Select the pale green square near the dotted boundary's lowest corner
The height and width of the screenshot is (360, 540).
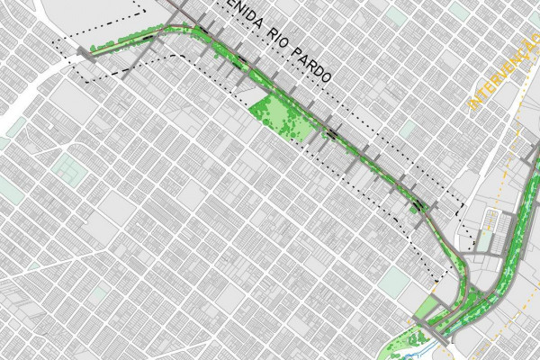tap(393, 282)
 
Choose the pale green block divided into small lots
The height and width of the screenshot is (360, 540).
tap(66, 167)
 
